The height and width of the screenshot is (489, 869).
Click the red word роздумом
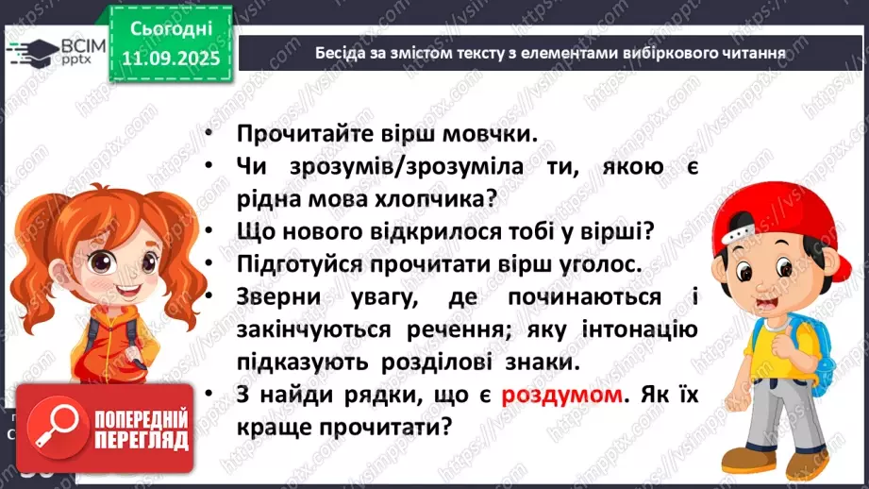tap(562, 396)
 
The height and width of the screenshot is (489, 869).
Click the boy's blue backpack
tap(808, 340)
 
